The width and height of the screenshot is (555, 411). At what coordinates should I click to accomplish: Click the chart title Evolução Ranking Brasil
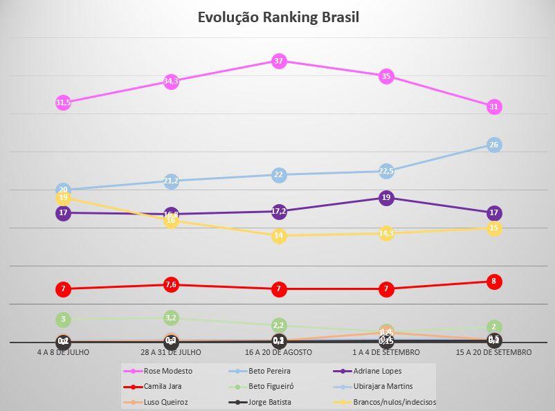278,17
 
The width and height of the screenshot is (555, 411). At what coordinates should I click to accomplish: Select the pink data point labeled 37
279,61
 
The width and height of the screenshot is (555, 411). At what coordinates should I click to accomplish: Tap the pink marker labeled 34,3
171,81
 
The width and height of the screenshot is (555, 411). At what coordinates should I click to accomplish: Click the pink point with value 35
386,76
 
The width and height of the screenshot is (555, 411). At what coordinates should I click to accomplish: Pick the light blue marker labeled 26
493,145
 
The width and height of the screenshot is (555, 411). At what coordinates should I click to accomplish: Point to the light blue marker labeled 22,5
386,171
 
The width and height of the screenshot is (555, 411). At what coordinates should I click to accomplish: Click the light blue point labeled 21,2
171,181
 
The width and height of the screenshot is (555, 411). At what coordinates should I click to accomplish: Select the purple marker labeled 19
386,198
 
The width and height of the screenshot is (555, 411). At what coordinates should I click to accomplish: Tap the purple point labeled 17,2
279,211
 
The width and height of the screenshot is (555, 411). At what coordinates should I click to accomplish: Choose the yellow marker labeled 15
493,228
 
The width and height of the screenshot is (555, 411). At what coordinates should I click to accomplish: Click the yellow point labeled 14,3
386,233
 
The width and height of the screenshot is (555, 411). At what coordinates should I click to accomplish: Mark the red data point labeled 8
493,282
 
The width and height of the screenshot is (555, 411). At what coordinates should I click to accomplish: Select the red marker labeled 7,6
171,284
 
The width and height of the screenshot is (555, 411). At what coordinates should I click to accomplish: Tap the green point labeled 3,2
171,318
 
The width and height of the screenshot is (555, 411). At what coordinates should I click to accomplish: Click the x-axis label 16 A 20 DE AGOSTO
279,352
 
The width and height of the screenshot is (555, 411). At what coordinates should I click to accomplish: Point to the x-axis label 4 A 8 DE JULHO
64,352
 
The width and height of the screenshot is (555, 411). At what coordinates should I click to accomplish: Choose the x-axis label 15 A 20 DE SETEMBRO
493,352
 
